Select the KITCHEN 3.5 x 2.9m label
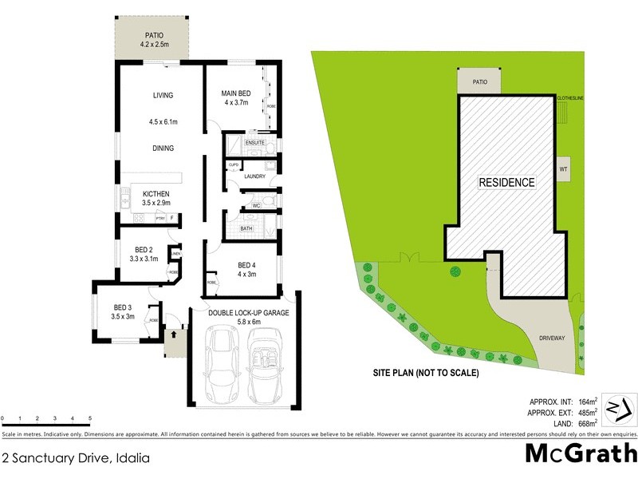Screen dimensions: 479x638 156,198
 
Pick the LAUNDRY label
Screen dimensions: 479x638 254,176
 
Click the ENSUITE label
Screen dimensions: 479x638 254,143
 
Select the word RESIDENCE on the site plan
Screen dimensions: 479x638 506,182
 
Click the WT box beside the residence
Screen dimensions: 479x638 563,169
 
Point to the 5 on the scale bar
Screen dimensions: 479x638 90,418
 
